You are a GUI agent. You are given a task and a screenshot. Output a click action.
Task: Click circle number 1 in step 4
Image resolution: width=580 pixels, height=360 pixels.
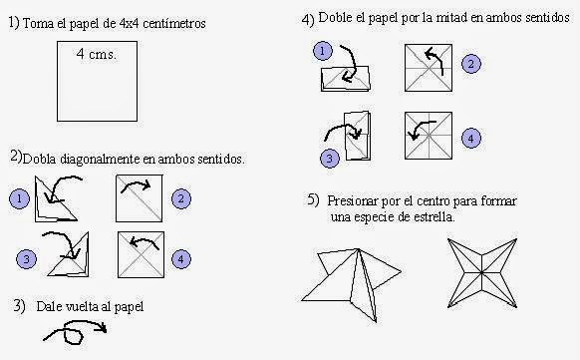click(321, 51)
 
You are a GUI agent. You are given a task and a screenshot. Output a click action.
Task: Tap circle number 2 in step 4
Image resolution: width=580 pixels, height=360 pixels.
click(472, 64)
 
